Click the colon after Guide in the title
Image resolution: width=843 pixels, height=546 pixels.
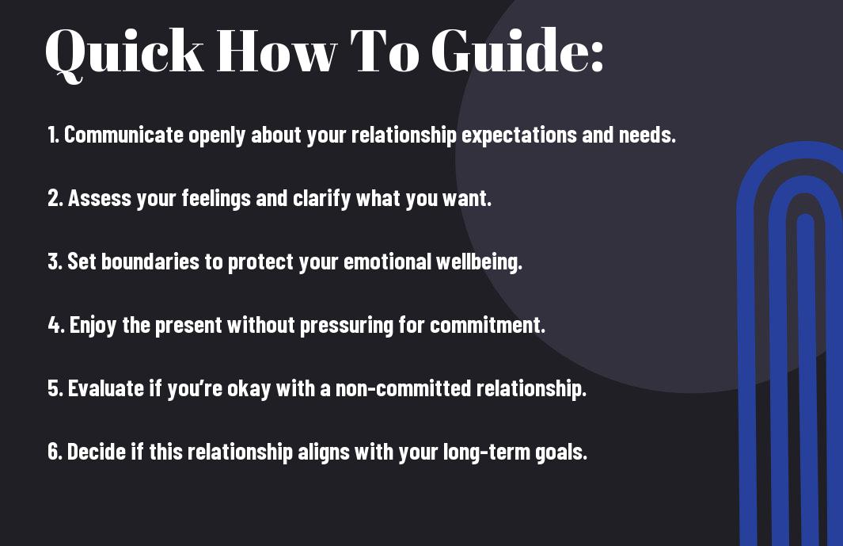pos(597,56)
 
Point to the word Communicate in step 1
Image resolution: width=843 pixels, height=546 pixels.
pos(123,135)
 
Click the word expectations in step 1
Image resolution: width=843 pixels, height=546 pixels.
pos(518,136)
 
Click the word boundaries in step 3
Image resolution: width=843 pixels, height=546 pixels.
pos(150,262)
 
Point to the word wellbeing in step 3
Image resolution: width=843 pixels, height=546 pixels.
pos(478,262)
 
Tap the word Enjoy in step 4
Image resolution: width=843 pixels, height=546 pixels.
pos(93,326)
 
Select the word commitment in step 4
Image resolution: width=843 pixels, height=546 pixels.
pos(487,325)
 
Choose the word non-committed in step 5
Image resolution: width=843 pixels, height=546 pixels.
pos(403,388)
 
